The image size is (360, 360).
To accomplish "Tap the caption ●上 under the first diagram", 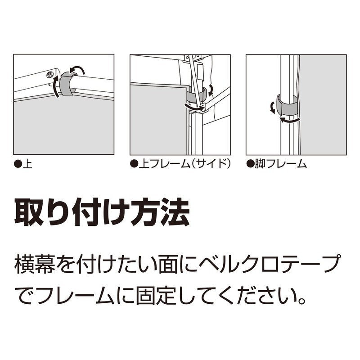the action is pyautogui.click(x=23, y=164).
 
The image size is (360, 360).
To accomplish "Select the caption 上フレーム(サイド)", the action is pyautogui.click(x=180, y=164).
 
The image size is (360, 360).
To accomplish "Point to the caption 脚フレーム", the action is pyautogui.click(x=276, y=164).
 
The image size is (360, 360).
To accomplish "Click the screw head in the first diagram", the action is pyautogui.click(x=50, y=74).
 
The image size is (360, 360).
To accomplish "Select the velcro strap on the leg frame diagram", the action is pyautogui.click(x=286, y=106).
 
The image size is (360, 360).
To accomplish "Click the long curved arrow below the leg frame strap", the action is pyautogui.click(x=289, y=120).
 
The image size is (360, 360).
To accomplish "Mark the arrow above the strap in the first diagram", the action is pyautogui.click(x=77, y=68).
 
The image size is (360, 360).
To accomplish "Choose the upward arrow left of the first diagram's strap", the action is pyautogui.click(x=55, y=87).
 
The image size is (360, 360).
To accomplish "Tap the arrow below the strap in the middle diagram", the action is pyautogui.click(x=194, y=107).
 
